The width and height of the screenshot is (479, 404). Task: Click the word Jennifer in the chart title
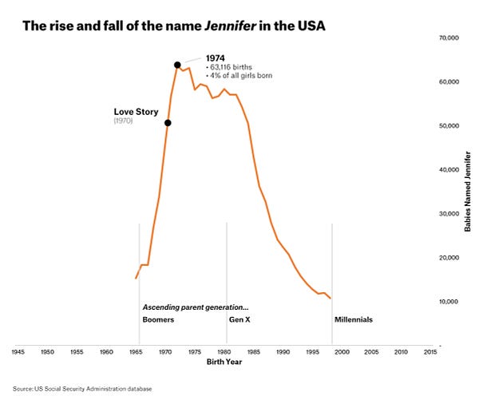pos(230,26)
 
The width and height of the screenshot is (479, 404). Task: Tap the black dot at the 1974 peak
pos(177,65)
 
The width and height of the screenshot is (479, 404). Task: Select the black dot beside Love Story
pos(168,123)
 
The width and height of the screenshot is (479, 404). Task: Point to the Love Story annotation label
pos(136,112)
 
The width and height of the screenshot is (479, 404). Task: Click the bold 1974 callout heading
pos(215,58)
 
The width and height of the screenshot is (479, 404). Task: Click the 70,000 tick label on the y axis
pos(449,38)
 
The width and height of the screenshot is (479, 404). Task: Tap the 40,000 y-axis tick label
pos(449,170)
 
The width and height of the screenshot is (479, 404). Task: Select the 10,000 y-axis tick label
pos(449,302)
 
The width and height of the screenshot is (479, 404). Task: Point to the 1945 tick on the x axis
pos(18,352)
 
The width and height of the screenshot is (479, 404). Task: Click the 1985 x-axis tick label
pos(254,352)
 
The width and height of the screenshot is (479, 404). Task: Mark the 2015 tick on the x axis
pos(430,352)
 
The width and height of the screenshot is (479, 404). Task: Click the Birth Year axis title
pos(224,362)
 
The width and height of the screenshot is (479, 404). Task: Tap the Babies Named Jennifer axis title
pos(467,192)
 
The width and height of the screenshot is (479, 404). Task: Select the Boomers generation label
pos(158,319)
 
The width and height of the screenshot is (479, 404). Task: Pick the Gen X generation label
pos(239,319)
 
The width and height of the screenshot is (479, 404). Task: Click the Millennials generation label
pos(354,319)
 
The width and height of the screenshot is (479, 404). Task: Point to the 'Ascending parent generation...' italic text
pos(196,307)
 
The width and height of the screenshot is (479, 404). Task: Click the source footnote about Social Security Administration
pos(82,389)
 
